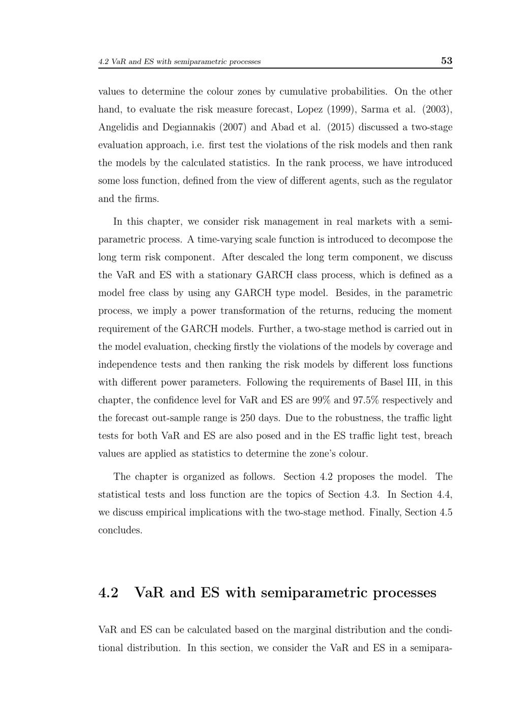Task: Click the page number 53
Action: point(447,61)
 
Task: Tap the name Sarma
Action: point(374,109)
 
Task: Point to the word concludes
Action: point(120,530)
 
